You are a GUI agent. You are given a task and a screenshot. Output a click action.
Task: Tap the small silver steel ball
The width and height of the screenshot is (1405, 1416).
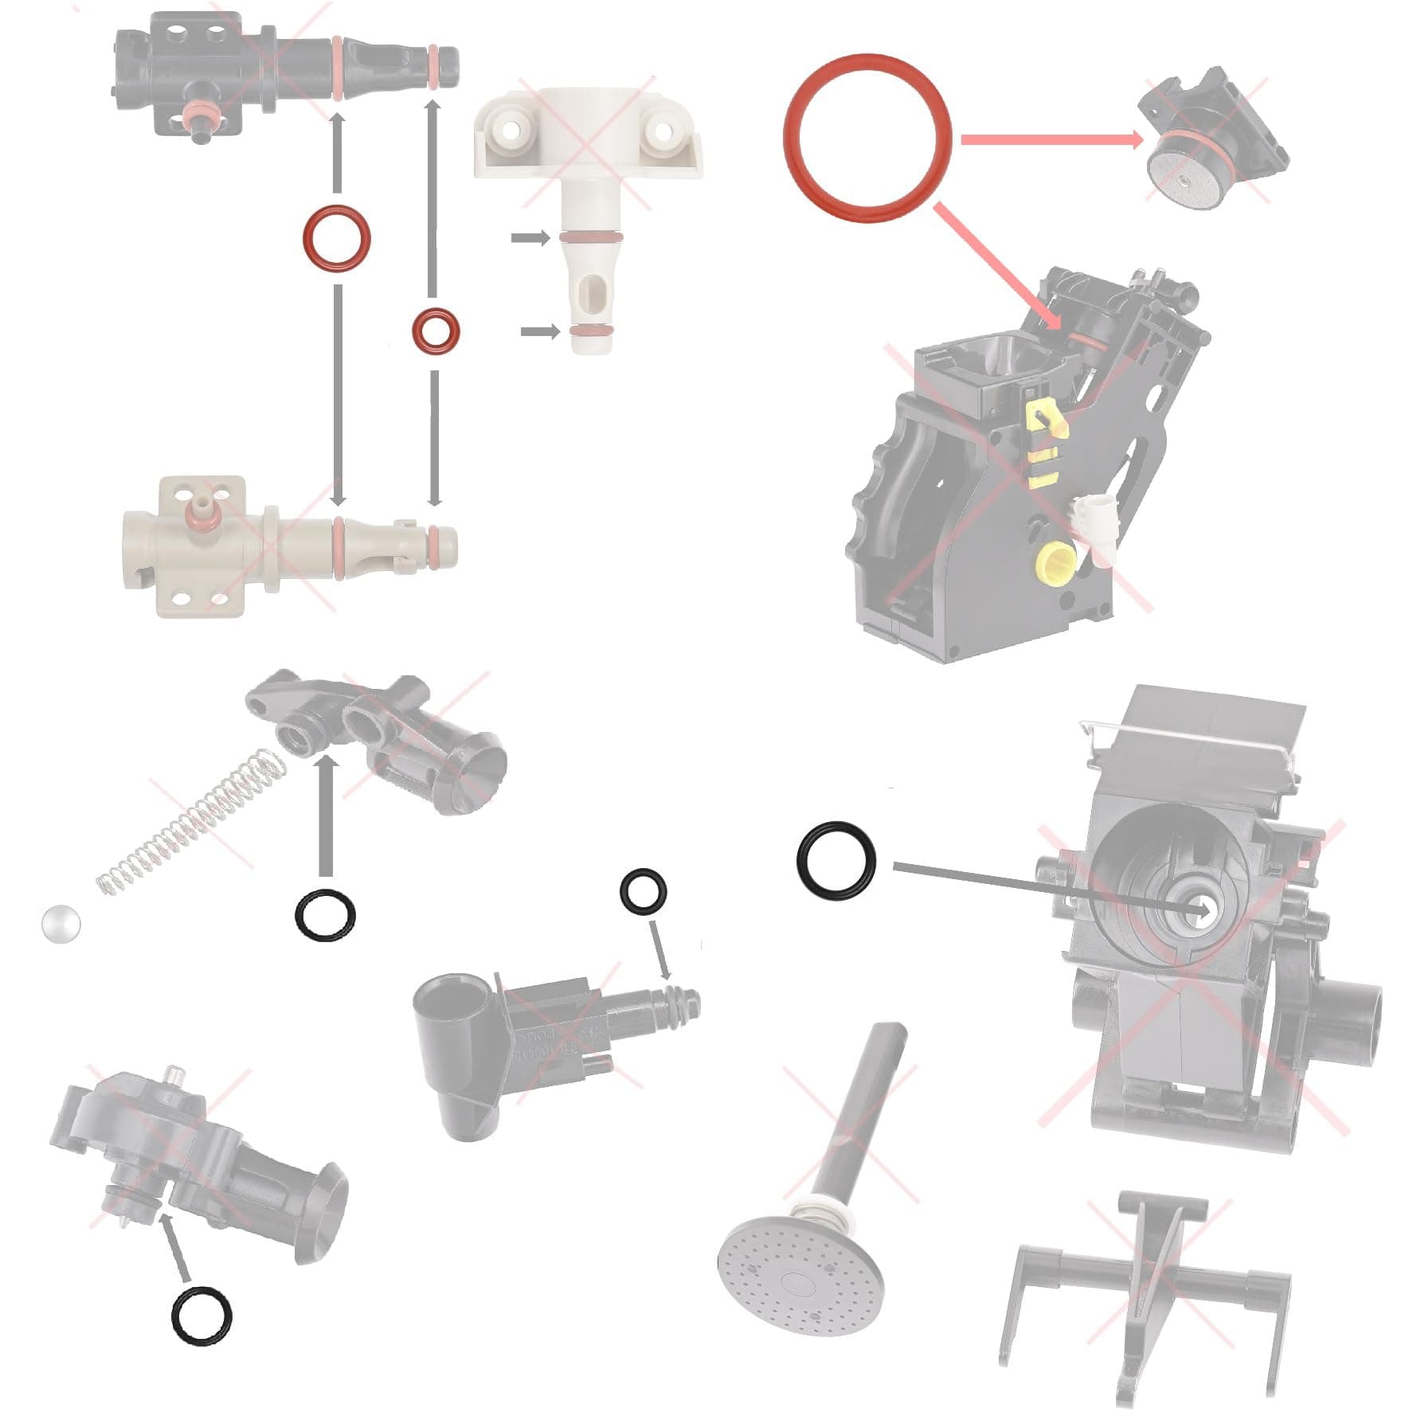coord(61,924)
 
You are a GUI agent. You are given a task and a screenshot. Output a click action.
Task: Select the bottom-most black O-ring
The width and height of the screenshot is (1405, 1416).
coord(202,1316)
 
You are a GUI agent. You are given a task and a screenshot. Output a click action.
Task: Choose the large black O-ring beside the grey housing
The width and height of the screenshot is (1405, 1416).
coord(836,862)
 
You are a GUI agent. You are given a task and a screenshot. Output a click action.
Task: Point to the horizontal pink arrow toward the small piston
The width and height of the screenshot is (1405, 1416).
coord(1051,140)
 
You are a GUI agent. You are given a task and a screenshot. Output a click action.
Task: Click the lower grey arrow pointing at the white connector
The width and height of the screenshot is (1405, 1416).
coord(540,331)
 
